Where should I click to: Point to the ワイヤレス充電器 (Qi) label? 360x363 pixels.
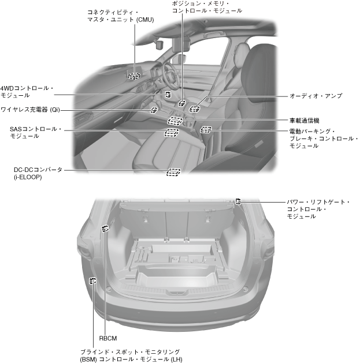pyautogui.click(x=30, y=109)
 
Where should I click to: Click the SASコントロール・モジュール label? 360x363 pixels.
pyautogui.click(x=35, y=132)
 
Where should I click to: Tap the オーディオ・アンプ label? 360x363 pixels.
pyautogui.click(x=316, y=96)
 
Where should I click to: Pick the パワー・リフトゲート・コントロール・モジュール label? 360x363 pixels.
pyautogui.click(x=318, y=209)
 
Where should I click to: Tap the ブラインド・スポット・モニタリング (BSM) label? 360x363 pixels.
pyautogui.click(x=130, y=355)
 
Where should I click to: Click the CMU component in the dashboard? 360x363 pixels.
pyautogui.click(x=134, y=75)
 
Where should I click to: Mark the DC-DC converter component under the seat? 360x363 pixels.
pyautogui.click(x=173, y=171)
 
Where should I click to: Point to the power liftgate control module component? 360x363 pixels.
pyautogui.click(x=237, y=201)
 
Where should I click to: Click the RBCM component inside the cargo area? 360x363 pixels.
pyautogui.click(x=105, y=229)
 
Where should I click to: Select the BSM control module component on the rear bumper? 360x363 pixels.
pyautogui.click(x=92, y=281)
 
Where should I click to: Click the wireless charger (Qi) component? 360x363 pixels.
pyautogui.click(x=154, y=109)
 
